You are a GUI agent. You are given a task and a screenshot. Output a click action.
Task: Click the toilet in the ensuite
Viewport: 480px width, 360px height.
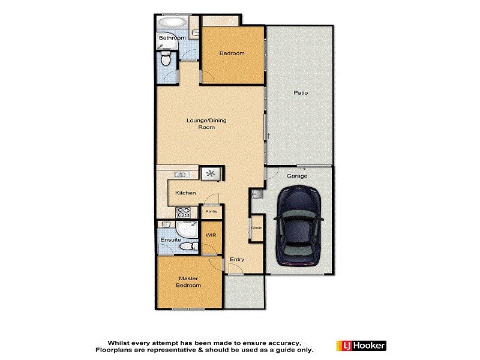pyautogui.click(x=188, y=247)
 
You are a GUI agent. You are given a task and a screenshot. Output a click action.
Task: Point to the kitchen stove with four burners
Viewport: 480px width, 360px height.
pyautogui.click(x=183, y=212)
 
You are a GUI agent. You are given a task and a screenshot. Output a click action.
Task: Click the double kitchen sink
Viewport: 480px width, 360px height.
pyautogui.click(x=180, y=175)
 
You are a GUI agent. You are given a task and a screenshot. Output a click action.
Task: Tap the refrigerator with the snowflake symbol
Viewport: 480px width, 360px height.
pyautogui.click(x=211, y=174)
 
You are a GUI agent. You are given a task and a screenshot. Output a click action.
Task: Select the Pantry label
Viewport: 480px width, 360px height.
pyautogui.click(x=211, y=212)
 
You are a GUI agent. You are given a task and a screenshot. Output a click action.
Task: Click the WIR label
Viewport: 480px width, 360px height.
pyautogui.click(x=211, y=235)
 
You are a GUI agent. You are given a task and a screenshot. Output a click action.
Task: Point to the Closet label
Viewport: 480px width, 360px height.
pyautogui.click(x=257, y=228)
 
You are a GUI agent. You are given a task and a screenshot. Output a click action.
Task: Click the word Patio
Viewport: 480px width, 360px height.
pyautogui.click(x=301, y=92)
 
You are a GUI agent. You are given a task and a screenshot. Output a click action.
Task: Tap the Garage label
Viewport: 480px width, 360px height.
pyautogui.click(x=297, y=176)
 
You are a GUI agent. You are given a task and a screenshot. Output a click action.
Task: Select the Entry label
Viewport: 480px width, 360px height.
pyautogui.click(x=237, y=259)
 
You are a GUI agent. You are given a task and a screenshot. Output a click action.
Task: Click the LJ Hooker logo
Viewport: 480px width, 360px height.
pyautogui.click(x=362, y=346)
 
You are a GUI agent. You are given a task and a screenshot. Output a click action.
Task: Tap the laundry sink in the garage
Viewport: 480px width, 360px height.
pyautogui.click(x=256, y=194)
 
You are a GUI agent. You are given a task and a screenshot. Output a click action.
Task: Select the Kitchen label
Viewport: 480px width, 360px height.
pyautogui.click(x=186, y=193)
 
